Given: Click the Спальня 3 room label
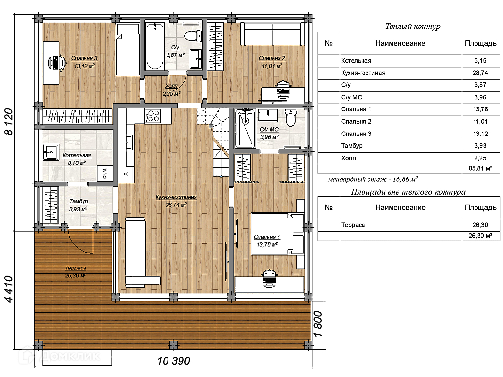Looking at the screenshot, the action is coord(84,58).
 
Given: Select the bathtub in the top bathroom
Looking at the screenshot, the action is coord(155,46).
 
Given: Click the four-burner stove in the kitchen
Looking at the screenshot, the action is coord(152,116).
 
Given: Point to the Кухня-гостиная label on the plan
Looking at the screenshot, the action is coord(176,197).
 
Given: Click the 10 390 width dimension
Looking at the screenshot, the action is coord(173,361).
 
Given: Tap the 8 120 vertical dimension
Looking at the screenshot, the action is coord(9,122).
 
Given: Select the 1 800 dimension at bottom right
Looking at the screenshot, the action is coord(318,324).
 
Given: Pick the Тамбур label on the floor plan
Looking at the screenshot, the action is coord(79,201).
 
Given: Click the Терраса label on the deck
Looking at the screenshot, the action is coord(76,268).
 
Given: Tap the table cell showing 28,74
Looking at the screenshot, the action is coord(480,73).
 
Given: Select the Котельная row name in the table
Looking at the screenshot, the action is coord(357,61).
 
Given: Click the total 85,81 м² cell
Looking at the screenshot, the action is coord(480,169).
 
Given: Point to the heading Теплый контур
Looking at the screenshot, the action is coord(413,27).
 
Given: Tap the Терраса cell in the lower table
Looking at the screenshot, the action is coord(353,225).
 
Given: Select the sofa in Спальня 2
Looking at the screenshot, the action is coord(272,34).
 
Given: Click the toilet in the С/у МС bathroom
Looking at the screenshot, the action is coord(291,118).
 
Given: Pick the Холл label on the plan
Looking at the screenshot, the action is coord(171,86).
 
